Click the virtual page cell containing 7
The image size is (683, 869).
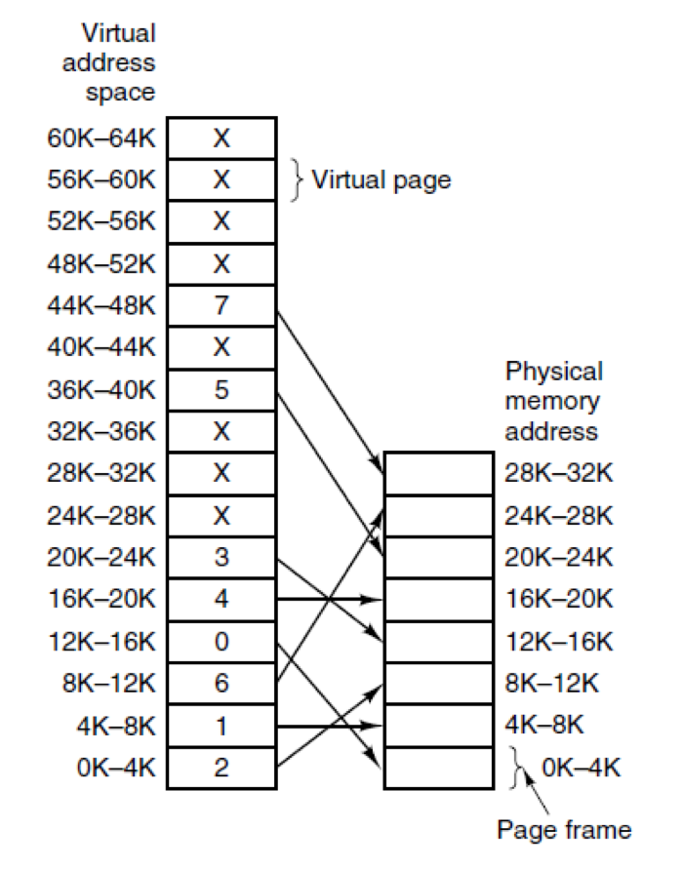click(x=221, y=306)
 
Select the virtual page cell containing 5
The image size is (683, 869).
click(x=221, y=390)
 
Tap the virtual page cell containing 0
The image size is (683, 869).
click(x=221, y=641)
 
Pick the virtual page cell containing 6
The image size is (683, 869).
click(x=221, y=683)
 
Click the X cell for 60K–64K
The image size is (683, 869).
click(x=221, y=138)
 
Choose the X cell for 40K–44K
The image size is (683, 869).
click(x=221, y=348)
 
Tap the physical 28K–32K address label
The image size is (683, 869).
click(x=558, y=473)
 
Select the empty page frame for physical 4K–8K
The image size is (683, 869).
click(x=439, y=725)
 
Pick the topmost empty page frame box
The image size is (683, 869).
click(x=439, y=473)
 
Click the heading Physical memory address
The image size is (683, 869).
click(x=553, y=401)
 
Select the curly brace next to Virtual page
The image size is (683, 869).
click(x=298, y=180)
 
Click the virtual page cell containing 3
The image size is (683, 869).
click(x=221, y=557)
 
